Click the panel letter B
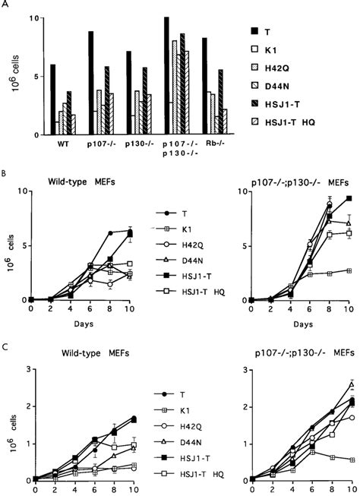pyautogui.click(x=7, y=175)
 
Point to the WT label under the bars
pyautogui.click(x=65, y=144)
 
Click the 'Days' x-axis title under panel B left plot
pyautogui.click(x=81, y=334)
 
